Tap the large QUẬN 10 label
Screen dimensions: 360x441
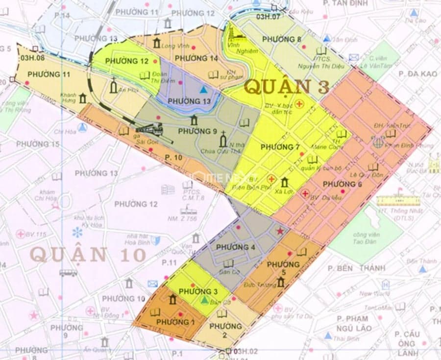pyautogui.click(x=88, y=255)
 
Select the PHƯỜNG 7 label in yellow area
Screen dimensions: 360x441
pyautogui.click(x=280, y=147)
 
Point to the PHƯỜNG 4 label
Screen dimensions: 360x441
pyautogui.click(x=235, y=247)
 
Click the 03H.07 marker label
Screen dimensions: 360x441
pyautogui.click(x=268, y=17)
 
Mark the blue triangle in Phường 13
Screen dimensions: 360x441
pyautogui.click(x=203, y=90)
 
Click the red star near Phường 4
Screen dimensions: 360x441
pyautogui.click(x=280, y=231)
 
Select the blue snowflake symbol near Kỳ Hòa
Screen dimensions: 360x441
pyautogui.click(x=77, y=232)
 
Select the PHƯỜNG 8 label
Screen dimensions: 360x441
pyautogui.click(x=282, y=39)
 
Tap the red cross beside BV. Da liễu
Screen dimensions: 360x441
pyautogui.click(x=305, y=194)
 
